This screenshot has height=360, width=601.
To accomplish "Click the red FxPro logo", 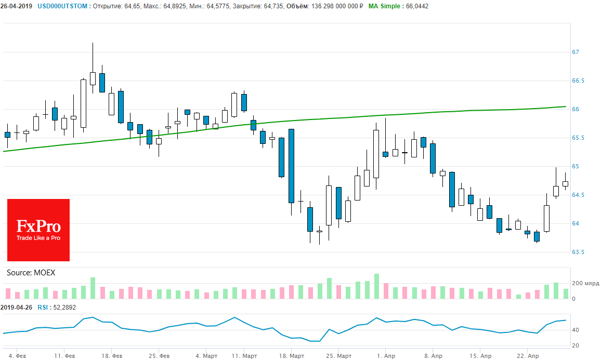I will [x=38, y=230].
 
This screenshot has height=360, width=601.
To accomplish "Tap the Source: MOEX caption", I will [x=31, y=273].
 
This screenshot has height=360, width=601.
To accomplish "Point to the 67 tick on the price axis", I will [x=576, y=52].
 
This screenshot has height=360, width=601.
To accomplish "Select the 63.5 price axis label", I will [x=578, y=252].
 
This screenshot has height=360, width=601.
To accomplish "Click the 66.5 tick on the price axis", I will [x=578, y=81].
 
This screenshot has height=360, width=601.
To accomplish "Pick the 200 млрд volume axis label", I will [x=585, y=284].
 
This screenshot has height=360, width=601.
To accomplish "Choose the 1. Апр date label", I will [x=385, y=356].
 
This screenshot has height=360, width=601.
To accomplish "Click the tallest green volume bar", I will [x=376, y=286].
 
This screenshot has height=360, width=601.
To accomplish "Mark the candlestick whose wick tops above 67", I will [x=93, y=78].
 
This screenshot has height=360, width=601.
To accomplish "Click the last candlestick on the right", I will [x=566, y=183].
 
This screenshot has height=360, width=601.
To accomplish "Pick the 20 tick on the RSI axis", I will [x=576, y=345].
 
